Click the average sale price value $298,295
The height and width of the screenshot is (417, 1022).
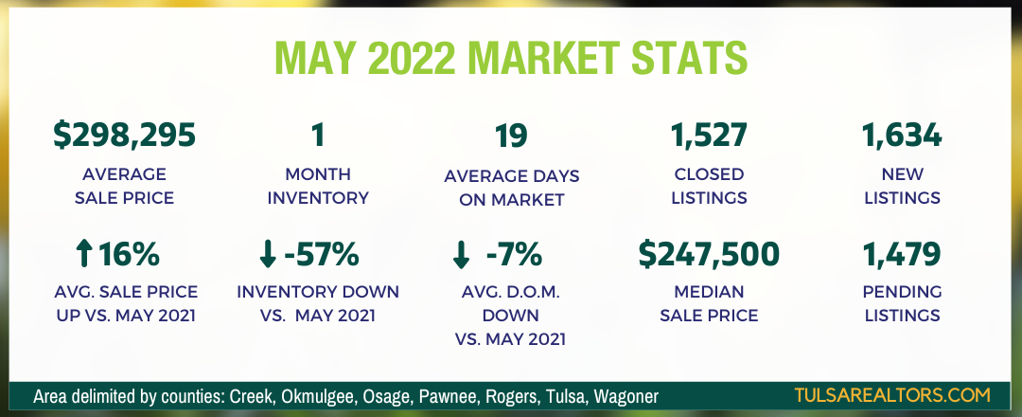pos(124,136)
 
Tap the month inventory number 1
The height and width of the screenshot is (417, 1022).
pos(317,136)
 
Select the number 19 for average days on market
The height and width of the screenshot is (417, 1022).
pos(511,136)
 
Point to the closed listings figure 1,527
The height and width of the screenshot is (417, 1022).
pos(709,136)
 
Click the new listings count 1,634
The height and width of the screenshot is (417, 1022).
pos(902,136)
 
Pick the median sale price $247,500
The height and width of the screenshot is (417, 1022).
pos(709,254)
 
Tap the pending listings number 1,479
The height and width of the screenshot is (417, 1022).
pos(902,255)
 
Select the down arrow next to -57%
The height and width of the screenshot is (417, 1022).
pos(267,255)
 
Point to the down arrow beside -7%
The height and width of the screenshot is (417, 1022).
pos(460,255)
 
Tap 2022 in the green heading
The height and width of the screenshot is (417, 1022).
pos(410,58)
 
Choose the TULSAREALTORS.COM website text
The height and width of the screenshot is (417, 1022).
pos(892,395)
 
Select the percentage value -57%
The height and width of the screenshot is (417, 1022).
pos(322,255)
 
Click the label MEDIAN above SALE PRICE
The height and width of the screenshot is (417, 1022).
pos(709,292)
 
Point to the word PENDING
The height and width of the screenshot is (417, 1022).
pos(902,292)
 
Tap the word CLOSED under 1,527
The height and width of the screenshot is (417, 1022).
pos(709,174)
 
